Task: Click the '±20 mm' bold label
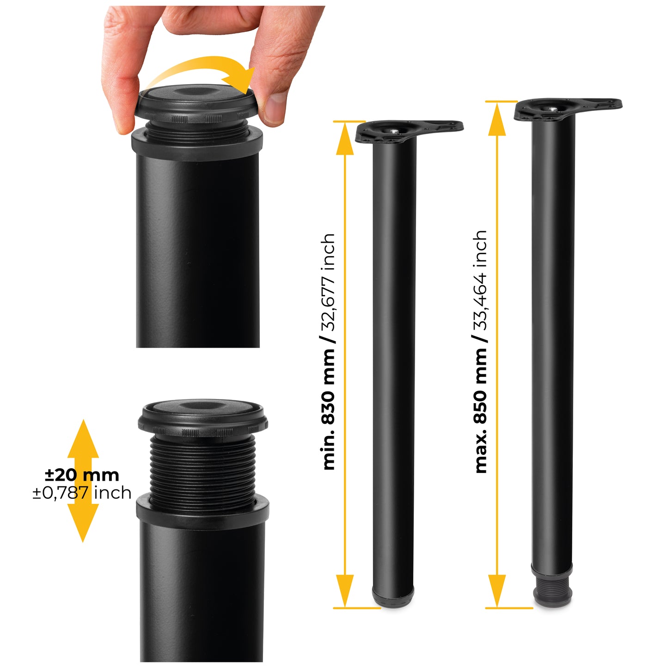82,475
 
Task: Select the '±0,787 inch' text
82,493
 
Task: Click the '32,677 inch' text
328,282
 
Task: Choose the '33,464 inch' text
480,280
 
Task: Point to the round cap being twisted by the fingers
197,102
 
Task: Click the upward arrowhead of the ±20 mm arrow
83,438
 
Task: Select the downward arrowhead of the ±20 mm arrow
83,523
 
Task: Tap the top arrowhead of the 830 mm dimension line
345,139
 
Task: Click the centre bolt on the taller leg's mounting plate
554,110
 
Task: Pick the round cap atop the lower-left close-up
203,419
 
